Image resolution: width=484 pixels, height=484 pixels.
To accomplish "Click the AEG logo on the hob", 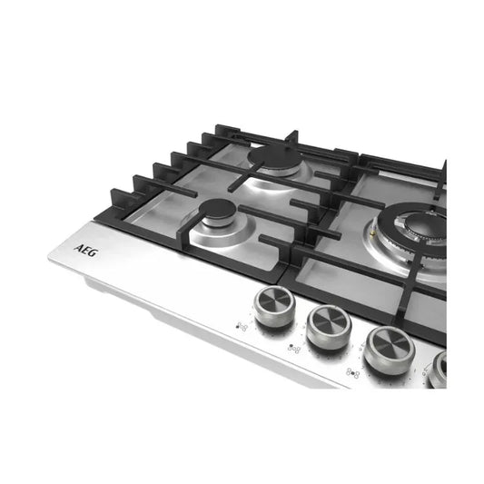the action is [85, 251].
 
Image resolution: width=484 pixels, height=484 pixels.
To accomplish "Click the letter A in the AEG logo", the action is [78, 248].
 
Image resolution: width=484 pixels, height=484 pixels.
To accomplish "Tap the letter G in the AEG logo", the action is [93, 252].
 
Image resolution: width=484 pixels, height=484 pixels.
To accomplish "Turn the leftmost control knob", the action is [274, 306].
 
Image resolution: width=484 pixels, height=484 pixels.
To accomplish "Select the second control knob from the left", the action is [329, 327].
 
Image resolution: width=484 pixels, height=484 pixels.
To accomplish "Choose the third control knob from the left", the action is [389, 350].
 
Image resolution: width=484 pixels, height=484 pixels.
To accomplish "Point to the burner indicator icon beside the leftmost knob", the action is [242, 327].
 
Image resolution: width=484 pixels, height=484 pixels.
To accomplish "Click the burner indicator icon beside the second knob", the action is [294, 348].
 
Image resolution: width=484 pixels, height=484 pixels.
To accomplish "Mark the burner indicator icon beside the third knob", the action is [353, 373].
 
